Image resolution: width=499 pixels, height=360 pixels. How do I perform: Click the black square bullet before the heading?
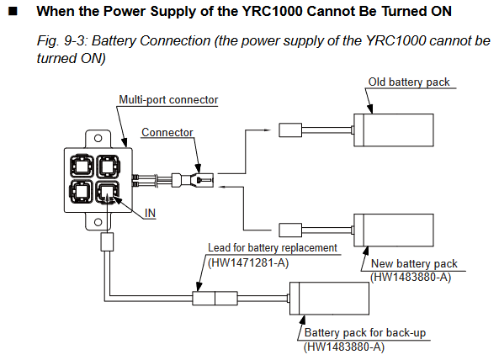tap(13, 12)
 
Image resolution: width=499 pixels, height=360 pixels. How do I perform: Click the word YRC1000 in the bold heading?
tap(272, 12)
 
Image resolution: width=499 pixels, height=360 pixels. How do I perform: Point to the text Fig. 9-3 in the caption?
tap(60, 41)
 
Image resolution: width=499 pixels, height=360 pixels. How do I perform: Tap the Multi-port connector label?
tap(168, 100)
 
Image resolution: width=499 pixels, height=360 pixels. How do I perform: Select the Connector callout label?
tap(167, 132)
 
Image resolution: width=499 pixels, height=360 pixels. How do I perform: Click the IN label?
tap(150, 213)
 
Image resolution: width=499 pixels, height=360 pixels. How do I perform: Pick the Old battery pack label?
tap(409, 82)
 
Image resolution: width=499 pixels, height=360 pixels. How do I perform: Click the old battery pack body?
tap(394, 130)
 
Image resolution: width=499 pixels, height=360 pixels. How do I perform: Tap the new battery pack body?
tap(394, 230)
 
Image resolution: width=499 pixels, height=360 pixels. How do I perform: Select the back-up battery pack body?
tap(329, 299)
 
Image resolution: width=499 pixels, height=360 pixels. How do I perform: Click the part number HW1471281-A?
tap(248, 263)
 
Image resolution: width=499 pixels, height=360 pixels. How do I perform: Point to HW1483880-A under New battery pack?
tap(411, 278)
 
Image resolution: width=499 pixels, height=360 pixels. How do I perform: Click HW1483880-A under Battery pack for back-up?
tap(344, 347)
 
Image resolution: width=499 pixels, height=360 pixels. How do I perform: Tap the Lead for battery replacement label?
tap(273, 248)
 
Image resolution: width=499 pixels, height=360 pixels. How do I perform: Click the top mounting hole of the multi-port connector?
tap(98, 138)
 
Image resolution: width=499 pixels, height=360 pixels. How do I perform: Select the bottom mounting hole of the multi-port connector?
tap(98, 222)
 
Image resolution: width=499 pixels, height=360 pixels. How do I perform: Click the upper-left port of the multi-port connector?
tap(82, 166)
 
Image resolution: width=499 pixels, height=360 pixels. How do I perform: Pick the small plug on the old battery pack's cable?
tap(290, 130)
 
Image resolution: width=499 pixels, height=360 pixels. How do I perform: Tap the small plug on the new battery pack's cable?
tap(290, 230)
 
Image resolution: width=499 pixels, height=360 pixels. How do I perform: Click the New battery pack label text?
tap(414, 263)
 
